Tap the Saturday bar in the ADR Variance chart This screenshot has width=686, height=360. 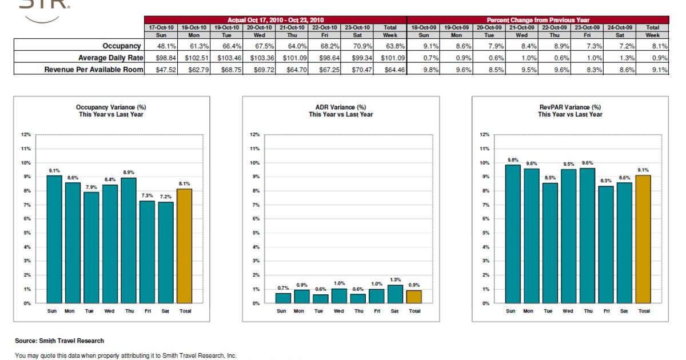coord(394,294)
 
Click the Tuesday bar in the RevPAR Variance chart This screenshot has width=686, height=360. coord(549,243)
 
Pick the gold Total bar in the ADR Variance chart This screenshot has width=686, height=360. coord(414,297)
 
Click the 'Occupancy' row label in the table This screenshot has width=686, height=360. coord(122,46)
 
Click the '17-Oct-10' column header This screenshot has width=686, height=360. coord(162,27)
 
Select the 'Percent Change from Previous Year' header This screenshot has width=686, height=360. coord(537,20)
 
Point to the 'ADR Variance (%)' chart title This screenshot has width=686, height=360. coord(341,107)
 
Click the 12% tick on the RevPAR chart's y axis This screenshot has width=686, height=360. coord(484,135)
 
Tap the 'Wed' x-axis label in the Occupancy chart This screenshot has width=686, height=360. coord(110,311)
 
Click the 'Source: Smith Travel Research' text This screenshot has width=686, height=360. coord(59,341)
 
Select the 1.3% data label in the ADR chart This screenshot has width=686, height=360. coord(394,280)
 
